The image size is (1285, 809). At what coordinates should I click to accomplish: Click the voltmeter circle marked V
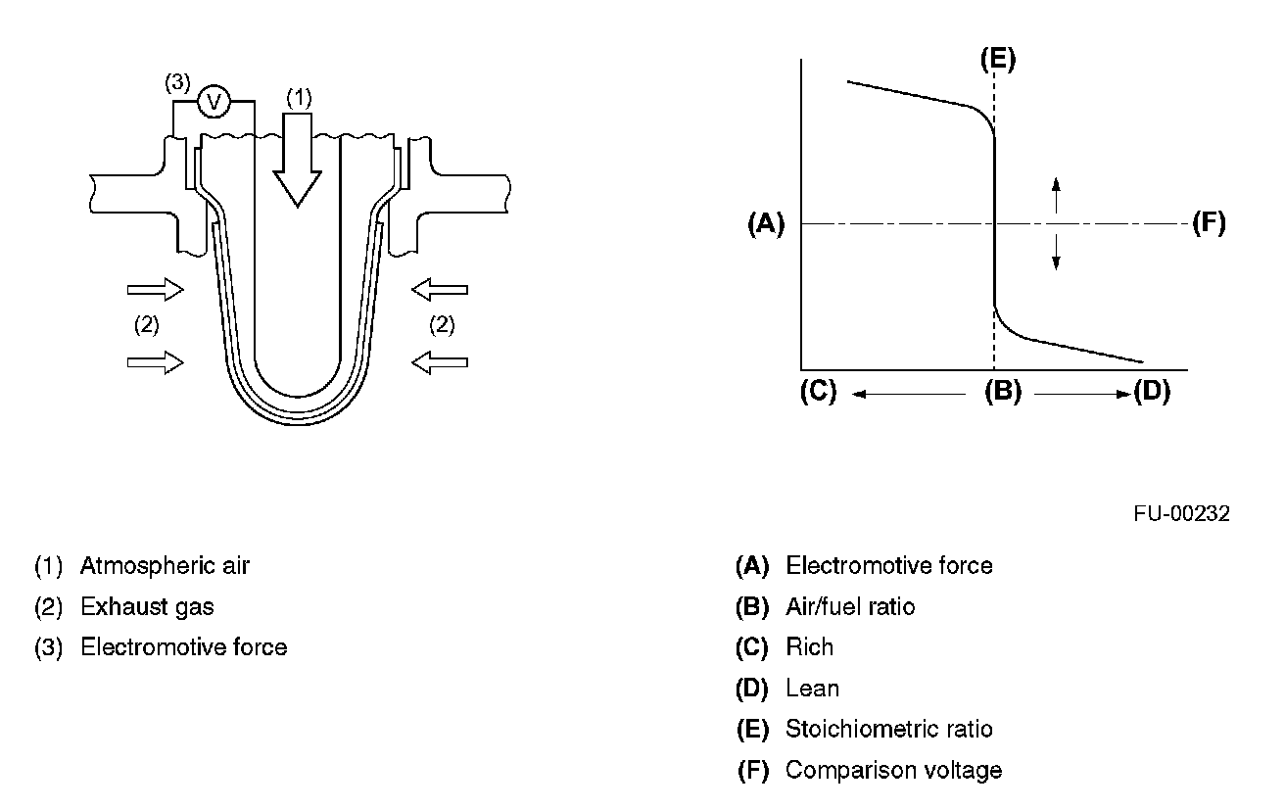(x=214, y=102)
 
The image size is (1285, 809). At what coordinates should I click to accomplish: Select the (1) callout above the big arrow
(x=299, y=97)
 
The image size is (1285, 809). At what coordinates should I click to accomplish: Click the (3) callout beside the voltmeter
(x=176, y=83)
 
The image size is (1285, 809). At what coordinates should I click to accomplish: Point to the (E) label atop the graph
(x=997, y=60)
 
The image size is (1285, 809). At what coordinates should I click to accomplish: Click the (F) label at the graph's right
(x=1209, y=224)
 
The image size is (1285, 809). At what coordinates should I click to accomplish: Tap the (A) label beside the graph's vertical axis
(x=766, y=224)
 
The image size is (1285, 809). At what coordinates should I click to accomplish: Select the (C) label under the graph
(x=818, y=392)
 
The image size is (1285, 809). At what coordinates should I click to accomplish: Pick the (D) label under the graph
(x=1151, y=392)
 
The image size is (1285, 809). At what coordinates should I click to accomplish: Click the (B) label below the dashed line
(x=1002, y=392)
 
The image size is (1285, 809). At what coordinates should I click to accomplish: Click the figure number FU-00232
(x=1182, y=514)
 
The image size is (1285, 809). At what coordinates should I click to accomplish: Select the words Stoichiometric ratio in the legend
(x=888, y=730)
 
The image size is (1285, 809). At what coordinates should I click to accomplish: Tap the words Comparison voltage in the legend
(x=893, y=771)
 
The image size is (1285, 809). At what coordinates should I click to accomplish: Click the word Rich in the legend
(x=809, y=647)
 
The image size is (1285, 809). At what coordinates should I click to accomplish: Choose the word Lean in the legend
(x=812, y=689)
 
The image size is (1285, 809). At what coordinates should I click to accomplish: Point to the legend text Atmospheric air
(x=165, y=566)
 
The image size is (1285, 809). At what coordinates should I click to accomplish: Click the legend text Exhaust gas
(x=147, y=607)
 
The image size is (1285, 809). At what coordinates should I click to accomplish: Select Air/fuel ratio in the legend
(x=850, y=607)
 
